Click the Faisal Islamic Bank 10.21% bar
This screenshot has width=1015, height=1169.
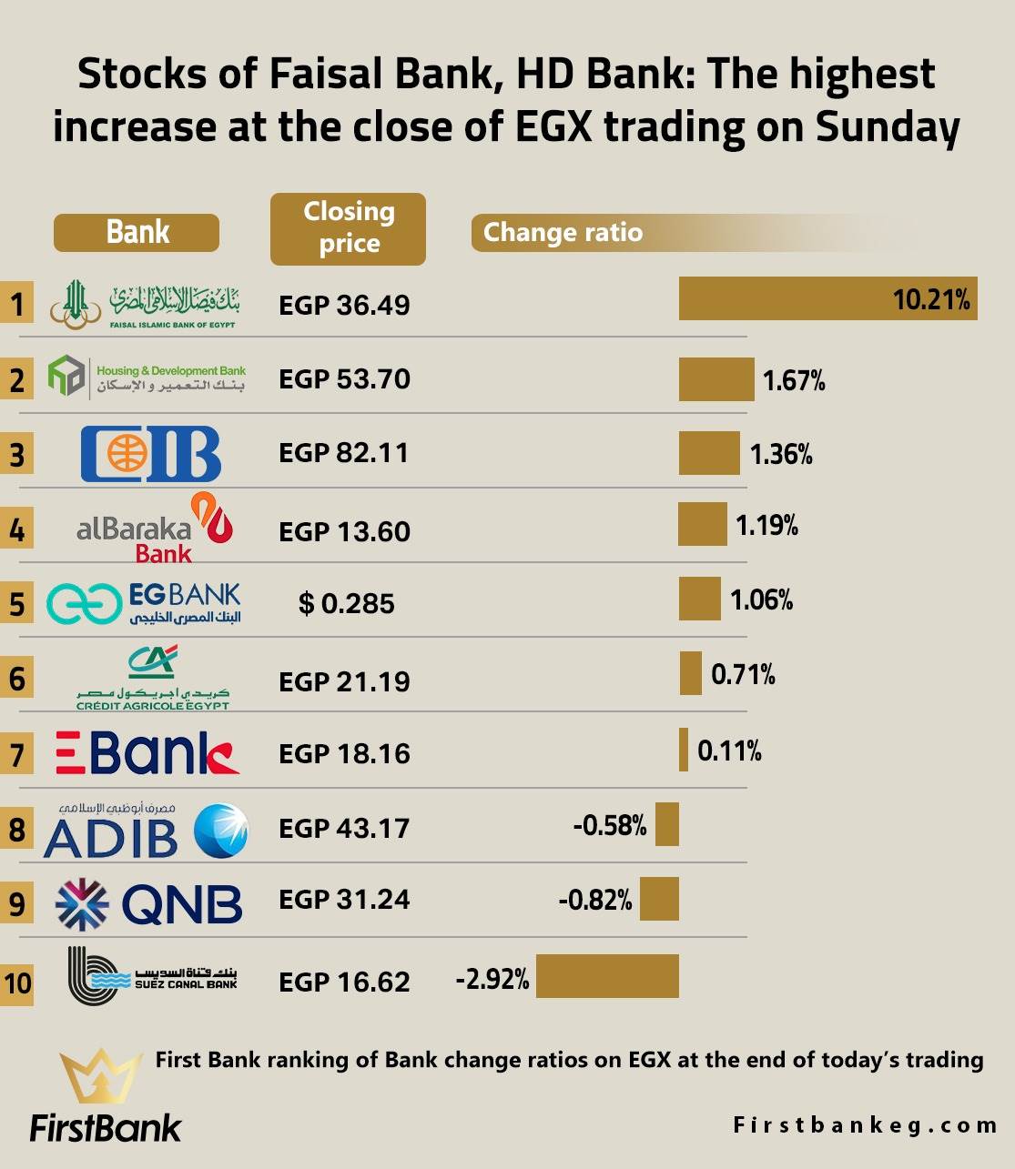point(827,298)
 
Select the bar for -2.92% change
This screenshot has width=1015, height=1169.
point(607,976)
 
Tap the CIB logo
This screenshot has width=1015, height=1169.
point(151,453)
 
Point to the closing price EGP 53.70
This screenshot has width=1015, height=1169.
point(344,378)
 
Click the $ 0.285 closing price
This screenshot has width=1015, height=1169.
point(346,603)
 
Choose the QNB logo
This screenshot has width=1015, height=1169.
point(149,902)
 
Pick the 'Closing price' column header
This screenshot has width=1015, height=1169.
point(348,228)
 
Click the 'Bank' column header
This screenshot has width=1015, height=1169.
point(137,232)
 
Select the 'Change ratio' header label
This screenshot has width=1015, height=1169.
point(563,233)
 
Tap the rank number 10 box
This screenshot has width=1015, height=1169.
point(17,983)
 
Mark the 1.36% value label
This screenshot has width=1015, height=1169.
point(781,454)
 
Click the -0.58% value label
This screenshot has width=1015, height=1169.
point(610,825)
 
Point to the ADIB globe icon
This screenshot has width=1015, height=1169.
point(221,831)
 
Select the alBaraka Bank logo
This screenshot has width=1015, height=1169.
point(155,529)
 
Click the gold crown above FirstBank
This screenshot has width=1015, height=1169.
point(101,1077)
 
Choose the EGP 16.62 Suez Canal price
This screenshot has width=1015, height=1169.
point(344,982)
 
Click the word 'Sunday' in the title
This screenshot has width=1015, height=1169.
point(888,126)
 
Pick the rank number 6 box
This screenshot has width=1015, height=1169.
point(17,679)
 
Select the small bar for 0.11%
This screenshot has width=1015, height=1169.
point(684,750)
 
